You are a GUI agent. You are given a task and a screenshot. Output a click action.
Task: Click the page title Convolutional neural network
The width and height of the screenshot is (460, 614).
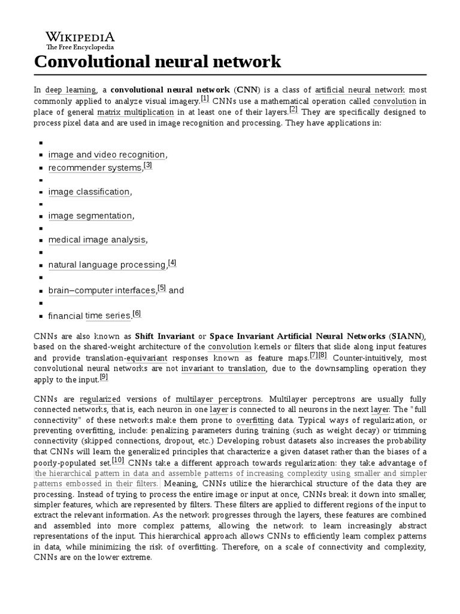pyautogui.click(x=157, y=61)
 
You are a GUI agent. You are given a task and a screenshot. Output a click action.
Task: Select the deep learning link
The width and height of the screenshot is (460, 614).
pyautogui.click(x=62, y=89)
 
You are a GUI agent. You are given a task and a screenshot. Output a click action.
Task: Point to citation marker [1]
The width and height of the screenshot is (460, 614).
pyautogui.click(x=205, y=99)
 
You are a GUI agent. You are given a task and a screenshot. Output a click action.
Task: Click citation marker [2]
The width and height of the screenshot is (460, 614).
pyautogui.click(x=293, y=110)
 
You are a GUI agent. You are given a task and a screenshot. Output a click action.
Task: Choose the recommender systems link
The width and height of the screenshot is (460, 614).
pyautogui.click(x=95, y=168)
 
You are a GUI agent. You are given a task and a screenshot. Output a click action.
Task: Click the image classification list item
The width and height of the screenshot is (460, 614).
pyautogui.click(x=89, y=192)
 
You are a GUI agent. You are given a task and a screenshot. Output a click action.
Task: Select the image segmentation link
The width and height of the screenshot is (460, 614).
pyautogui.click(x=90, y=216)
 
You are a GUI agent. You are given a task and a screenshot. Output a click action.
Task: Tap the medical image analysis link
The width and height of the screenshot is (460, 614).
pyautogui.click(x=97, y=240)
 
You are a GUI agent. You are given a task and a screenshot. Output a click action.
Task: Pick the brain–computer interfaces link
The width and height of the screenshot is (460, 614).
pyautogui.click(x=102, y=290)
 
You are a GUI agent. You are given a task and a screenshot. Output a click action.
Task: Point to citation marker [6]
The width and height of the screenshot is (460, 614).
pyautogui.click(x=137, y=314)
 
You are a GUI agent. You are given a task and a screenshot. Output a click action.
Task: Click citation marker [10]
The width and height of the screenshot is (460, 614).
pyautogui.click(x=117, y=460)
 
